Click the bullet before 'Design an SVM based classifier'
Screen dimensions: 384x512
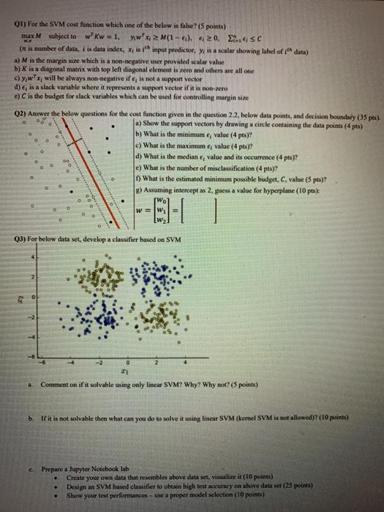click(x=57, y=487)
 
